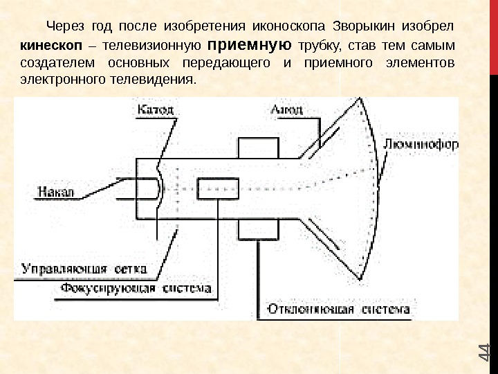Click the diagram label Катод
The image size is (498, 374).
click(x=156, y=109)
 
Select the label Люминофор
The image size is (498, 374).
click(x=420, y=145)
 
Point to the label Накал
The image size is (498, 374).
click(x=58, y=188)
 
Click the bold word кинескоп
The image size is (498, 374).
click(x=46, y=46)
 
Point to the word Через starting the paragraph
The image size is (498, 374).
click(x=64, y=26)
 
